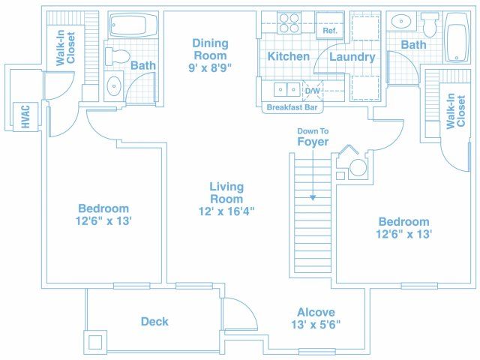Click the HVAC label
pyautogui.click(x=25, y=117)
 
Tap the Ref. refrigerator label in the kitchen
pyautogui.click(x=330, y=31)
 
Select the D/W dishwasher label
pyautogui.click(x=313, y=91)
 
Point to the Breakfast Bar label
pyautogui.click(x=292, y=107)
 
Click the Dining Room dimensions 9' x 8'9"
pyautogui.click(x=210, y=68)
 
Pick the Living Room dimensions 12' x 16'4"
pyautogui.click(x=226, y=211)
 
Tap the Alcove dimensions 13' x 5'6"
pyautogui.click(x=316, y=325)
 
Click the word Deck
pyautogui.click(x=154, y=322)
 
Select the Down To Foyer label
pyautogui.click(x=313, y=136)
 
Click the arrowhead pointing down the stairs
pyautogui.click(x=313, y=198)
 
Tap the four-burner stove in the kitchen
pyautogui.click(x=289, y=23)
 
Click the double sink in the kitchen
pyautogui.click(x=286, y=90)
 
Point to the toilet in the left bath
pyautogui.click(x=117, y=56)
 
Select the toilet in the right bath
pyautogui.click(x=430, y=25)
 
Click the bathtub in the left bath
pyautogui.click(x=133, y=25)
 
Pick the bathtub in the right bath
pyautogui.click(x=457, y=37)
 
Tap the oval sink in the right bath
pyautogui.click(x=400, y=22)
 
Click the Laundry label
pyautogui.click(x=352, y=57)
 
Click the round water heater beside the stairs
pyautogui.click(x=358, y=168)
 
